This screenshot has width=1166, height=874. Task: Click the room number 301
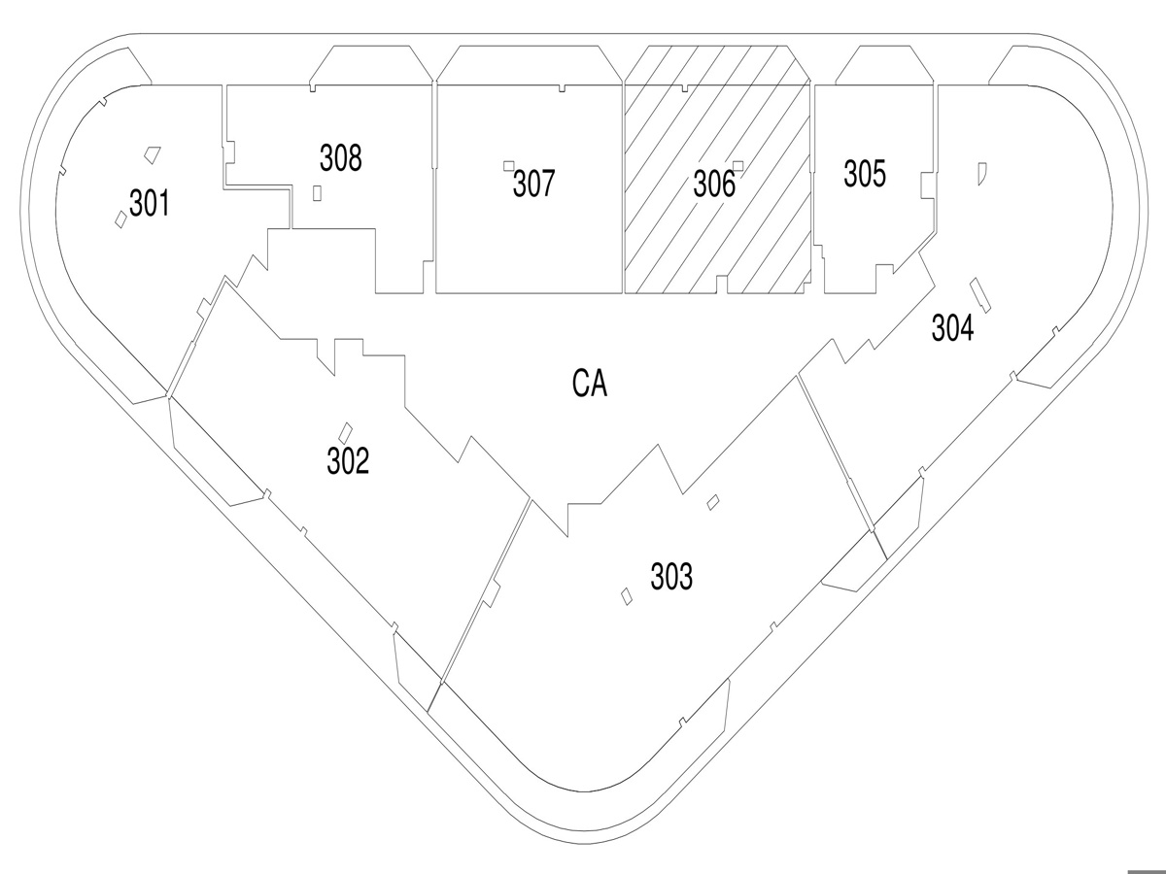[x=150, y=205]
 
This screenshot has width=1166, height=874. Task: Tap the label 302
[x=348, y=461]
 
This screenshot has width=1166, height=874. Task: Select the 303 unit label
[x=671, y=577]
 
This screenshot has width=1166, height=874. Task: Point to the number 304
[x=952, y=329]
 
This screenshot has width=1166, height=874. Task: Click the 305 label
[x=865, y=175]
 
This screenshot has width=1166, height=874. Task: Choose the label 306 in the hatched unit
[x=714, y=185]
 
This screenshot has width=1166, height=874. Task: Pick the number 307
[x=533, y=184]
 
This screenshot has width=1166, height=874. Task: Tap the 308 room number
[x=341, y=157]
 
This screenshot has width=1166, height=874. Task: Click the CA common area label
[x=590, y=386]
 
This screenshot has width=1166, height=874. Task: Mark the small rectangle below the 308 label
[x=318, y=192]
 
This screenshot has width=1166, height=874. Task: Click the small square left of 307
[x=508, y=165]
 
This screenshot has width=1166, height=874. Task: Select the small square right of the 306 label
[x=738, y=165]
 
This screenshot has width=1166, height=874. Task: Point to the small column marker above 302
[x=344, y=430]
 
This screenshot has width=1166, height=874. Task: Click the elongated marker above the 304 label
[x=979, y=294]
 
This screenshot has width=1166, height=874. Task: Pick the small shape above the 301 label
[x=151, y=153]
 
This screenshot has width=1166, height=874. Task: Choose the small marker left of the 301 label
[x=120, y=218]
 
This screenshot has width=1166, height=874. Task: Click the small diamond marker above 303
[x=713, y=501]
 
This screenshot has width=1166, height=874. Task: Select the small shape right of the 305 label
[x=982, y=173]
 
